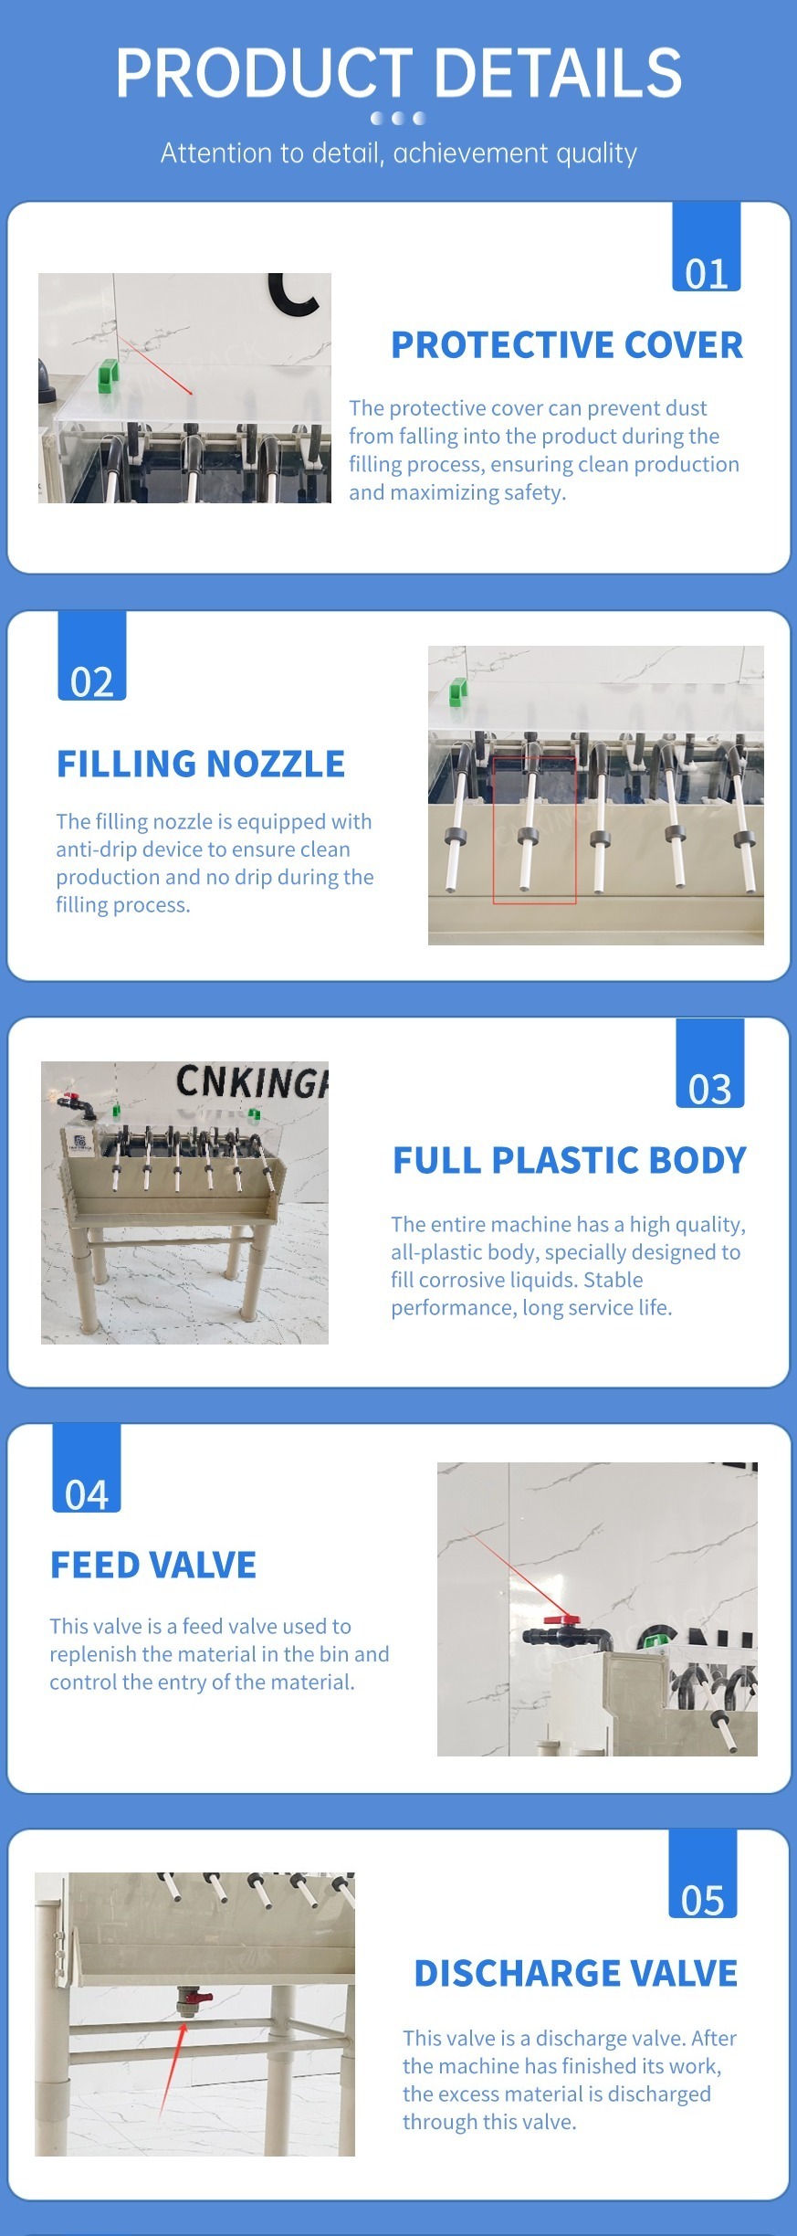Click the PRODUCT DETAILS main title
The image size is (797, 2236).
399,73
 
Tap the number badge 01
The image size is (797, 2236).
707,247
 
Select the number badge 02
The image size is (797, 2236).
92,656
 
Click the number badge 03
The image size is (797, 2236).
710,1062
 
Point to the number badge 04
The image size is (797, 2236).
87,1468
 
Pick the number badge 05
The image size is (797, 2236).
703,1873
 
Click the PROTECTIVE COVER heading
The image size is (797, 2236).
567,345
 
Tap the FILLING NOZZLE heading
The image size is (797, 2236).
201,764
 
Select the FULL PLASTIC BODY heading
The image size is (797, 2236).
570,1160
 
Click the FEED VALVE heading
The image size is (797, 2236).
153,1565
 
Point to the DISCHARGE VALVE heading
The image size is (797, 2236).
576,1973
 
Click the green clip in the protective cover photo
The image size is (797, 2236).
110,375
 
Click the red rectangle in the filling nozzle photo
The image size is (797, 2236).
534,830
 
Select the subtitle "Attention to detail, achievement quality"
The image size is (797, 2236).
399,153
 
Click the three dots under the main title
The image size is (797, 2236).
398,118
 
